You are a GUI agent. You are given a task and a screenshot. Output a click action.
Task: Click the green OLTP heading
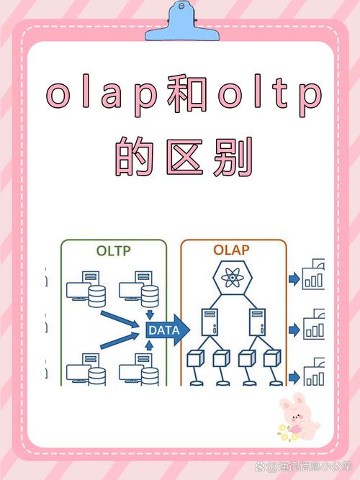pyautogui.click(x=113, y=251)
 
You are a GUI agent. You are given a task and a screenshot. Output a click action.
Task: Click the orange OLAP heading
pyautogui.click(x=231, y=250)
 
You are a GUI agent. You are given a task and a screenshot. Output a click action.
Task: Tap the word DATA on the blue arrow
pyautogui.click(x=164, y=330)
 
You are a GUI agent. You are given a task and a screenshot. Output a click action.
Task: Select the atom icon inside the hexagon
pyautogui.click(x=233, y=278)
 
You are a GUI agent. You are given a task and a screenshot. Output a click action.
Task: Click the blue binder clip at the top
pyautogui.click(x=182, y=22)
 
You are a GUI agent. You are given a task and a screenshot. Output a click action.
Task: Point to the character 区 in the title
pyautogui.click(x=184, y=157)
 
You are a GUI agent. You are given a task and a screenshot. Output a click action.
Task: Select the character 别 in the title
pyautogui.click(x=233, y=157)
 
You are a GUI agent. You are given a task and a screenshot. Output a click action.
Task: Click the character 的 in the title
pyautogui.click(x=135, y=157)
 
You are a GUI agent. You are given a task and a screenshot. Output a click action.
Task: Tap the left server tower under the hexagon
pyautogui.click(x=210, y=322)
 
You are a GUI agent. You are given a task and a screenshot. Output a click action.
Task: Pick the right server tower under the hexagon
pyautogui.click(x=257, y=322)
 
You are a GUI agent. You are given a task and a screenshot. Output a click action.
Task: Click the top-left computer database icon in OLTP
pyautogui.click(x=86, y=289)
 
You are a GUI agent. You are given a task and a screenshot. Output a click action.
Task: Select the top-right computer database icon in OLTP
pyautogui.click(x=139, y=289)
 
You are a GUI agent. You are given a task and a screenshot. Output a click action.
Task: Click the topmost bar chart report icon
pyautogui.click(x=313, y=274)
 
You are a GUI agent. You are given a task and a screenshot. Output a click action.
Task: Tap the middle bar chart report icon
pyautogui.click(x=314, y=324)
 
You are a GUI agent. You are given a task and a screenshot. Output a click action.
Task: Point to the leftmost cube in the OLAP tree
pyautogui.click(x=195, y=359)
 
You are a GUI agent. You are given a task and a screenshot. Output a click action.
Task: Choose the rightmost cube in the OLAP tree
pyautogui.click(x=272, y=359)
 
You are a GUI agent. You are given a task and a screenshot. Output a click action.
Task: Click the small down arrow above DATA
pyautogui.click(x=150, y=315)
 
